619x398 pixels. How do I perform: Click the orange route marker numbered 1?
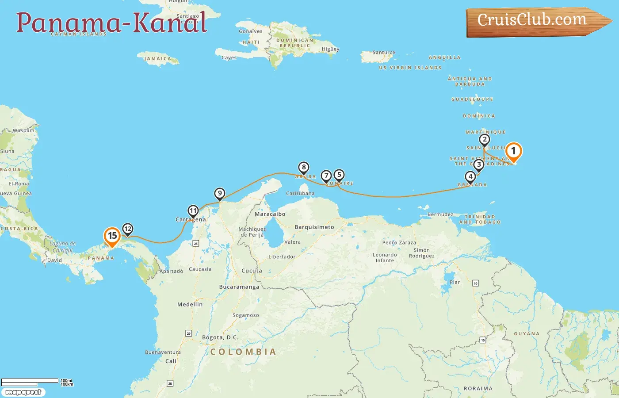pyautogui.click(x=513, y=151)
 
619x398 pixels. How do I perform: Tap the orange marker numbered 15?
pyautogui.click(x=112, y=236)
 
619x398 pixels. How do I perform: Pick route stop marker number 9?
pyautogui.click(x=220, y=194)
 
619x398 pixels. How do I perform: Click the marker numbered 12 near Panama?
pyautogui.click(x=127, y=229)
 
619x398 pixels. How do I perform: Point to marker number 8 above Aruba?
pyautogui.click(x=303, y=168)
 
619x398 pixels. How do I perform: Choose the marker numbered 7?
pyautogui.click(x=326, y=176)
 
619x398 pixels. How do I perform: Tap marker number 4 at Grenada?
pyautogui.click(x=470, y=177)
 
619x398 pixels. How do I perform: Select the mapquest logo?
pyautogui.click(x=23, y=392)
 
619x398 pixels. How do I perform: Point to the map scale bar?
pyautogui.click(x=30, y=381)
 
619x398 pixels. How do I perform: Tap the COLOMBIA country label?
pyautogui.click(x=243, y=352)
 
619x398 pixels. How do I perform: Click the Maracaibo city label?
pyautogui.click(x=270, y=214)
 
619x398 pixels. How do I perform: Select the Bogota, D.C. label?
pyautogui.click(x=220, y=337)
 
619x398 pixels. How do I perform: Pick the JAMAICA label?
pyautogui.click(x=158, y=59)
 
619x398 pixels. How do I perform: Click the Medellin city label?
pyautogui.click(x=190, y=305)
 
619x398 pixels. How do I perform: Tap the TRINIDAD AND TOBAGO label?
pyautogui.click(x=480, y=219)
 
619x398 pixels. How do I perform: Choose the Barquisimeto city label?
pyautogui.click(x=314, y=227)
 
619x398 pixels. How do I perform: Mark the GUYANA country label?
pyautogui.click(x=527, y=334)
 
